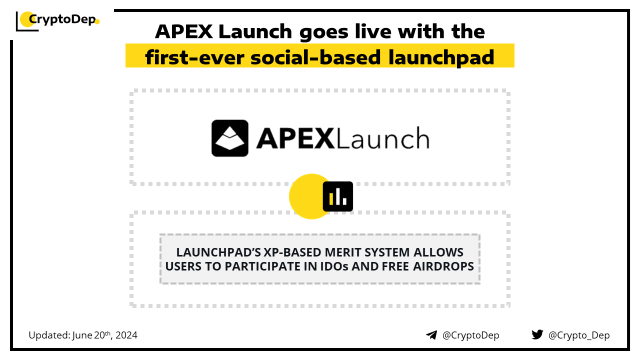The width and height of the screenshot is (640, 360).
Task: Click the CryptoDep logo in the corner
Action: tap(57, 21)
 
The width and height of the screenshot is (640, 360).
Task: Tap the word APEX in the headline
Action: tap(184, 31)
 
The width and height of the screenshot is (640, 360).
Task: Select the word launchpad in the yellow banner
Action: tap(441, 57)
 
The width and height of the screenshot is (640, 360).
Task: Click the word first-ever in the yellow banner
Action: tap(195, 57)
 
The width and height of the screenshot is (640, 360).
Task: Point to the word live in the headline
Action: tap(373, 31)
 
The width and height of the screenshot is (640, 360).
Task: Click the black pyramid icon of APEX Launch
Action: tap(229, 138)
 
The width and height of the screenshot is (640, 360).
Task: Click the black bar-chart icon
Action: tap(337, 196)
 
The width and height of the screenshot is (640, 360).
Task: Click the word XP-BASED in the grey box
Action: tap(292, 252)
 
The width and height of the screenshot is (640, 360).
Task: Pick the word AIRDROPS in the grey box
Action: tap(443, 266)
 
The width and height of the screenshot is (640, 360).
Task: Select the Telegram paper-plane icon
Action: tap(431, 335)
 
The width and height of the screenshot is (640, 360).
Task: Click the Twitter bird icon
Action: tap(537, 334)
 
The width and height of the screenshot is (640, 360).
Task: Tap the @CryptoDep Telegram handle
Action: tap(470, 335)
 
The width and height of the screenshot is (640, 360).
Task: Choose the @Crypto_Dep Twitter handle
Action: tap(579, 335)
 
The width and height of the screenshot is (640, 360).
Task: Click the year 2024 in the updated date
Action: tap(126, 335)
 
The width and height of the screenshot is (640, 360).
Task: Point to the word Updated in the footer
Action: tap(49, 335)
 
